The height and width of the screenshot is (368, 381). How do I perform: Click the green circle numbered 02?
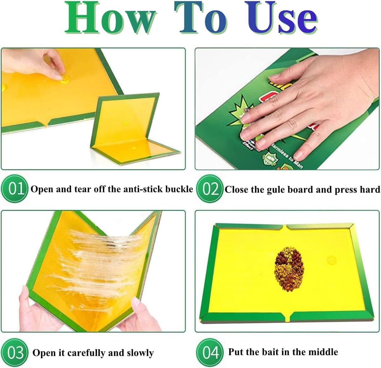[x=210, y=189]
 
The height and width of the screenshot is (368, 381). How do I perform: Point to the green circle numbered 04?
[x=210, y=352]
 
